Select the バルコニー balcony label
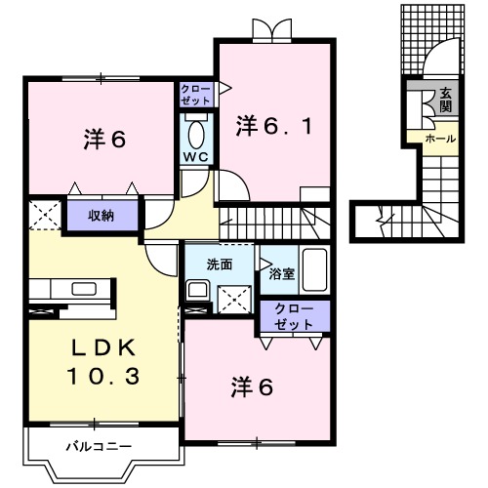click(100, 446)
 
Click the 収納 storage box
click(102, 216)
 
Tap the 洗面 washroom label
click(219, 264)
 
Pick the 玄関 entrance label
click(446, 101)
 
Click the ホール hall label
click(438, 140)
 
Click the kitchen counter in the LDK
click(71, 289)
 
